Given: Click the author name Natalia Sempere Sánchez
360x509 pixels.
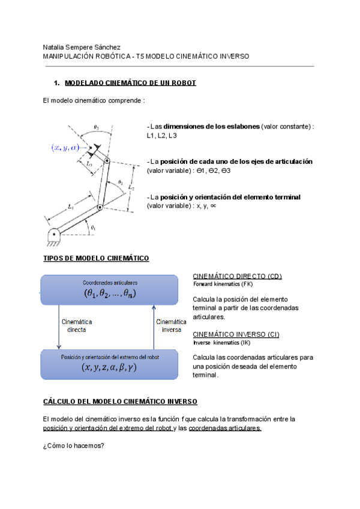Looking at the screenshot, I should pos(82,47).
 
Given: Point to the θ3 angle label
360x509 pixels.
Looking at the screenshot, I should pos(97,128).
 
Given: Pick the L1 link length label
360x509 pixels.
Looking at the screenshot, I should pos(71,206).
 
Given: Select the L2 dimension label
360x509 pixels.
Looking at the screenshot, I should pos(131,187).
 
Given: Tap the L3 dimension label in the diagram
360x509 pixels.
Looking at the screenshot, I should pos(89,163).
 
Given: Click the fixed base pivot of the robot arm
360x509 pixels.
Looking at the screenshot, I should pos(54,234).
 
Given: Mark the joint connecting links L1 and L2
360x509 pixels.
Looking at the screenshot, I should pos(100,207).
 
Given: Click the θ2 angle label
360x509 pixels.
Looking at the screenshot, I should pos(120,182).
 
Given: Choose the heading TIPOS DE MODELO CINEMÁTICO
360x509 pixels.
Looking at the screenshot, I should pos(96,258).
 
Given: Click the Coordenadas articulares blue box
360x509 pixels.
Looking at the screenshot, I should pos(109,289).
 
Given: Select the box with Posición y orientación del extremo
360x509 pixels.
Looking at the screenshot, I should pos(109,364).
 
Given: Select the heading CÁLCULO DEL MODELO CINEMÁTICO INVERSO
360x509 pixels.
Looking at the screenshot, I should pos(120,402).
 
